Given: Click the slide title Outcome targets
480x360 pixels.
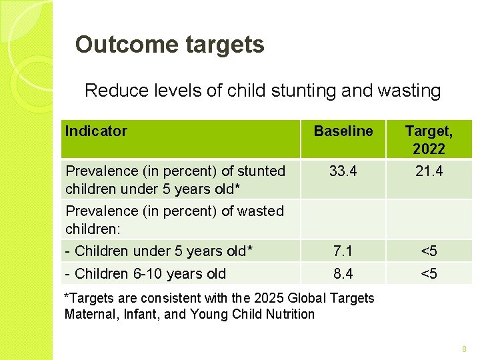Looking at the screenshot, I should point(170,45).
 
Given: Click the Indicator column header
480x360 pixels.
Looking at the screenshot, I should point(96,131).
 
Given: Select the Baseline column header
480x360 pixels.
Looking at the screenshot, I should point(343,131).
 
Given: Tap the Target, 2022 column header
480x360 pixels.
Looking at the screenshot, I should point(429,140).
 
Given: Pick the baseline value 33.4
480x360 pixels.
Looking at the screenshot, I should point(343,171).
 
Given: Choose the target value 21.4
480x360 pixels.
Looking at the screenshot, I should point(429,171).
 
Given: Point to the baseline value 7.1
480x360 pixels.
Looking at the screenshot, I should point(343,251).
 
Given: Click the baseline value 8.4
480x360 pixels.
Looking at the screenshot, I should point(343,274).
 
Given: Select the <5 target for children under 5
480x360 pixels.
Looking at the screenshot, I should point(429,251).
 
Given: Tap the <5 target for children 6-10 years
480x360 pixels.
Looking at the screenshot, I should point(429,274).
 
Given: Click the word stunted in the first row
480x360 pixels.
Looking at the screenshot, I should point(261,171).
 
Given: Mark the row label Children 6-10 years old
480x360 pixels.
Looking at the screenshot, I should point(145,274).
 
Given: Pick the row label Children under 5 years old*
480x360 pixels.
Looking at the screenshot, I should point(159,251).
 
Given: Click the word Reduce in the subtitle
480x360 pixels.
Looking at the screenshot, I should point(111,91).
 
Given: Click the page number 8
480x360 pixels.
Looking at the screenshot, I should point(465,349).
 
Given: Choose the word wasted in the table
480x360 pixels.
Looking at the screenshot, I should point(261,211).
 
